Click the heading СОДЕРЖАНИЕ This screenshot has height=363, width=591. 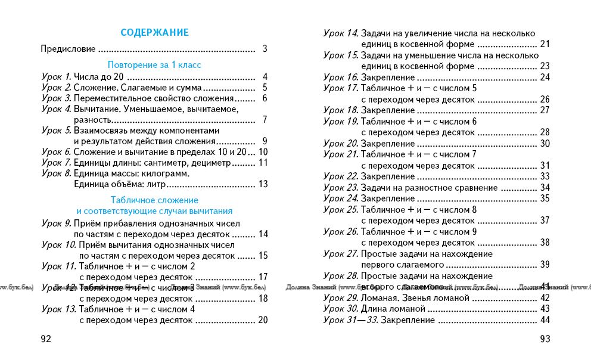[154, 33]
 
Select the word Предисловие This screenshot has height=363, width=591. [68, 49]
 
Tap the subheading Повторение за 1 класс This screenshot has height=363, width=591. [154, 64]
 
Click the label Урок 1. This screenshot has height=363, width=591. [57, 76]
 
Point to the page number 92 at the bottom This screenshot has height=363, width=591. [46, 339]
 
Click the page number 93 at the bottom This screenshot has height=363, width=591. [545, 339]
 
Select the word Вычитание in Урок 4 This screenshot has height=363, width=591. [93, 109]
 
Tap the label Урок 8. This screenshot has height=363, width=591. [57, 173]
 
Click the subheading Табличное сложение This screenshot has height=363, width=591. [154, 200]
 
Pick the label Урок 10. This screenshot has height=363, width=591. [59, 244]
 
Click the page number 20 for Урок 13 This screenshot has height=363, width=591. [263, 320]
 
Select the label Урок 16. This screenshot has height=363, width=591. [341, 77]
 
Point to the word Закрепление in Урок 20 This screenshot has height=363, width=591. [388, 143]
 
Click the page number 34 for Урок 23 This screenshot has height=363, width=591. [545, 188]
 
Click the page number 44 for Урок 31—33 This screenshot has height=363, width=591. [545, 320]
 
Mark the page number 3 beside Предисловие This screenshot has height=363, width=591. [265, 49]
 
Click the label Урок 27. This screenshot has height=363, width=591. [341, 254]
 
